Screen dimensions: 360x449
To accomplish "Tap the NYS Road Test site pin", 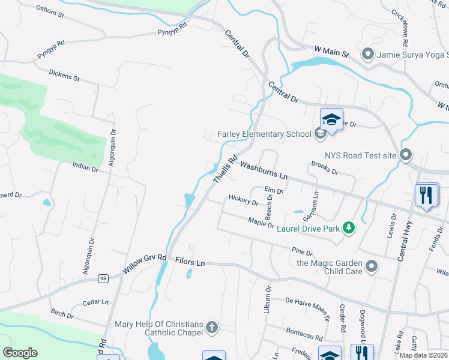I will pyautogui.click(x=406, y=155).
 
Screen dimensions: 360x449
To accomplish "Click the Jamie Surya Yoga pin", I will pyautogui.click(x=368, y=55).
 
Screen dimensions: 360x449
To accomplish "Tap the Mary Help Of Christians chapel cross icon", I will pyautogui.click(x=211, y=327).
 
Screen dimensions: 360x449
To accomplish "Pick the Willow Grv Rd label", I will pyautogui.click(x=144, y=264).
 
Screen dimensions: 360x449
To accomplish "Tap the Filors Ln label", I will pyautogui.click(x=190, y=263).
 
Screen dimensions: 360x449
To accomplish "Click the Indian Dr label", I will pyautogui.click(x=85, y=167).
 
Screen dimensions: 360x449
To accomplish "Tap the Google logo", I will pyautogui.click(x=20, y=352).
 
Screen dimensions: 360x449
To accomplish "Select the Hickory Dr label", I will pyautogui.click(x=243, y=199).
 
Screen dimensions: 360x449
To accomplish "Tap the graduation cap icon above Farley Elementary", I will pyautogui.click(x=331, y=119).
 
